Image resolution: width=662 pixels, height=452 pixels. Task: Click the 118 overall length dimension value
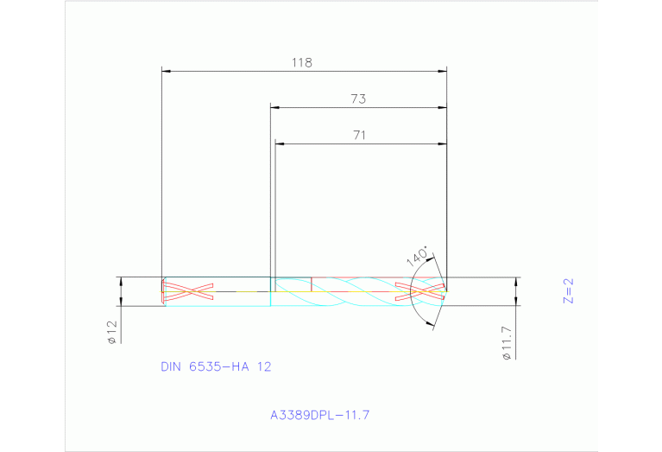tap(301, 63)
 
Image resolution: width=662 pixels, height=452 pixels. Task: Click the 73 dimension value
tap(358, 99)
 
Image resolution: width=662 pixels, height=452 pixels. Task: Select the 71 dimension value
tap(360, 135)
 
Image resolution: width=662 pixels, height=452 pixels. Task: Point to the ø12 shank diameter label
tap(111, 332)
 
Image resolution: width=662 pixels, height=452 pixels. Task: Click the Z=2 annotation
tap(568, 291)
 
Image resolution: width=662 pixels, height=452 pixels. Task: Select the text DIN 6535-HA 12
tap(216, 366)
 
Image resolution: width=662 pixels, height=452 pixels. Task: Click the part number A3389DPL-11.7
tap(319, 415)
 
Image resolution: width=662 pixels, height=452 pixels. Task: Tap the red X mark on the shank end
tap(189, 291)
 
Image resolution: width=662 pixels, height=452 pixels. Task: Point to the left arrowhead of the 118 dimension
tap(167, 71)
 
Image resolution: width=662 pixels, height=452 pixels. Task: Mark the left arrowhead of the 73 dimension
tap(275, 107)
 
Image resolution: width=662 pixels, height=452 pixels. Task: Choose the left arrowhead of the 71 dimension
tap(279, 143)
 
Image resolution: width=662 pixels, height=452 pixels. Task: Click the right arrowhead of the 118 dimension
tap(443, 71)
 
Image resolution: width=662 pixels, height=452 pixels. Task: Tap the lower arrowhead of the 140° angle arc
tap(432, 324)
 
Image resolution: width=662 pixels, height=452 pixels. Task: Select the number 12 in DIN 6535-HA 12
tap(264, 366)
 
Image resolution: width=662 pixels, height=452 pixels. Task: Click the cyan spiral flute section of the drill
tap(354, 292)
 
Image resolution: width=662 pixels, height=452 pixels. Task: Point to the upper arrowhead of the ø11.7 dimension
tap(516, 282)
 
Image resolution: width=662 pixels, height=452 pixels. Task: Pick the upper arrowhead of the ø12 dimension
tap(121, 282)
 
